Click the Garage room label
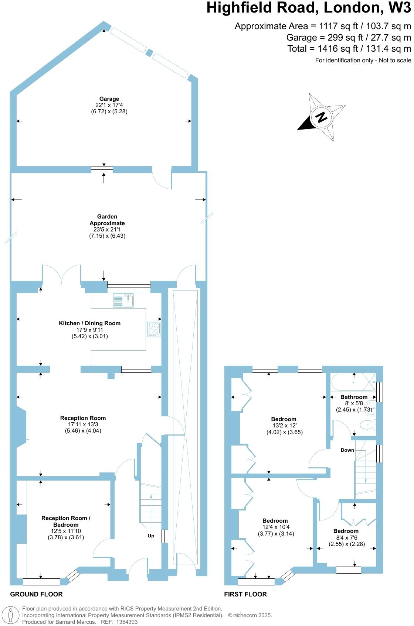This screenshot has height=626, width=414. coord(109,99)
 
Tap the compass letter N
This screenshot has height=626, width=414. coord(322,117)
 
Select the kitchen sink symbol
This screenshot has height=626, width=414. coord(123,300)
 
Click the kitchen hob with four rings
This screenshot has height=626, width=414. coord(154,329)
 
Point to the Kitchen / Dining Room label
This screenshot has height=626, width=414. coord(90,323)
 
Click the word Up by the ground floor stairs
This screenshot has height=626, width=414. coord(151,536)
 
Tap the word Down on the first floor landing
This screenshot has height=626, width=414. coord(347,450)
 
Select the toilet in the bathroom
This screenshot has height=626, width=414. coord(368,425)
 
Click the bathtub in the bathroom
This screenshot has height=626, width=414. coord(353,382)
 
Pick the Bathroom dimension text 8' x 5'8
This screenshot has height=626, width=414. coord(354,403)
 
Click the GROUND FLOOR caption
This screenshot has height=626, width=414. coord(36,594)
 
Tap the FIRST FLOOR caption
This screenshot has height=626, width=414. coord(245,594)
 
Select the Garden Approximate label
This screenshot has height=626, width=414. coord(107,220)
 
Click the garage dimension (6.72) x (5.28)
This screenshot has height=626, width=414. coord(109,111)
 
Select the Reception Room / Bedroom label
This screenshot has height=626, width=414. coord(66,521)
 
